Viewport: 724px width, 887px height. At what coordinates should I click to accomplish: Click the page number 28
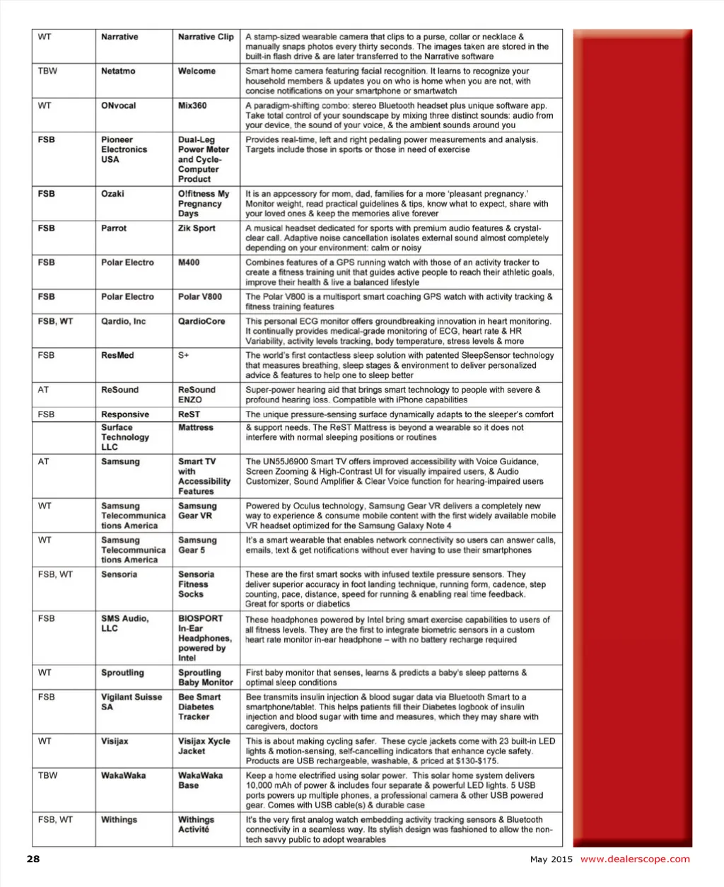click(33, 859)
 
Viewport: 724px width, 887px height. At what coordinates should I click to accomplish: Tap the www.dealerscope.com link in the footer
click(635, 859)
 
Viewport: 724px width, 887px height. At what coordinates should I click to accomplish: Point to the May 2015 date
click(551, 860)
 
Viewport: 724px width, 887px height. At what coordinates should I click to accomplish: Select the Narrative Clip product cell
click(206, 37)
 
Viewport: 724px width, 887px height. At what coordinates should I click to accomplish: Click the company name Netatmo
click(118, 71)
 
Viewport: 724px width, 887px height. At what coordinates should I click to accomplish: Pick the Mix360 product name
click(192, 105)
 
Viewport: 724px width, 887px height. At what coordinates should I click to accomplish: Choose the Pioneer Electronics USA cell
click(124, 150)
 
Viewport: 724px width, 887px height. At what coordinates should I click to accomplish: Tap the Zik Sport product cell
click(197, 228)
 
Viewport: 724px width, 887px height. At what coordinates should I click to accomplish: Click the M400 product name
click(189, 262)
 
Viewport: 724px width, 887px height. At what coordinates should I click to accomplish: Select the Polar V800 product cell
click(199, 297)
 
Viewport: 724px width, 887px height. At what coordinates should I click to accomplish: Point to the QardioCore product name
click(202, 321)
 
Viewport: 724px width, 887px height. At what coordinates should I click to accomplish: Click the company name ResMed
click(117, 356)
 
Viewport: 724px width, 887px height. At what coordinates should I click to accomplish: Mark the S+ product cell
click(184, 356)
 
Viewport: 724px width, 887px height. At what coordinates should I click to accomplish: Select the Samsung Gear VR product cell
click(197, 511)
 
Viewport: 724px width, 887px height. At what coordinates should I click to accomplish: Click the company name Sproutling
click(122, 673)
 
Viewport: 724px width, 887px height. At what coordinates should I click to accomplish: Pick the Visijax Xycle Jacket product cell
click(204, 746)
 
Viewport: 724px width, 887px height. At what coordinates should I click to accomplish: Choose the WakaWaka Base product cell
click(200, 780)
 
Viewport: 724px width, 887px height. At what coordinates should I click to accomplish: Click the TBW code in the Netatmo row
click(48, 71)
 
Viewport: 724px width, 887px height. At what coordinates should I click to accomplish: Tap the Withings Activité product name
click(196, 825)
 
